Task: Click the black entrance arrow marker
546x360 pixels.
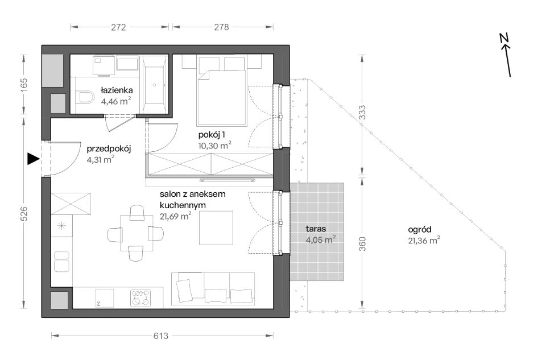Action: (x=34, y=159)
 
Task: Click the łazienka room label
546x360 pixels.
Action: (x=116, y=90)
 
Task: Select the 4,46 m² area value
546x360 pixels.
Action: (x=116, y=101)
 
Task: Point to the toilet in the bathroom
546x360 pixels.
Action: (x=85, y=97)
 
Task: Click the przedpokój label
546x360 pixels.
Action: (x=109, y=149)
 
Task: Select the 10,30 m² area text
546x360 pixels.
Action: (x=215, y=145)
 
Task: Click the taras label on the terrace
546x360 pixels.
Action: (x=316, y=229)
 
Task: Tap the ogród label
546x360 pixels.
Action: (x=420, y=230)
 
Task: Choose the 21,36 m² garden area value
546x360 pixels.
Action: (x=424, y=240)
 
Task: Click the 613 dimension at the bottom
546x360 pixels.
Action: (x=161, y=336)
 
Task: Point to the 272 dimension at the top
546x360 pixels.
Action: (x=118, y=27)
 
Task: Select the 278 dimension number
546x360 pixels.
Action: (x=221, y=27)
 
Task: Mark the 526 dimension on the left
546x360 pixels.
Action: (x=24, y=213)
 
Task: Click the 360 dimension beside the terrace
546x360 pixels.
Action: (x=362, y=244)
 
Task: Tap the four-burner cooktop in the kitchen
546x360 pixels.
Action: (x=140, y=298)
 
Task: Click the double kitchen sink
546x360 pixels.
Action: (x=61, y=262)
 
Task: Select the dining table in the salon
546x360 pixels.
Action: (x=136, y=233)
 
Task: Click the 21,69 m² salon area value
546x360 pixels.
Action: (x=176, y=216)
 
